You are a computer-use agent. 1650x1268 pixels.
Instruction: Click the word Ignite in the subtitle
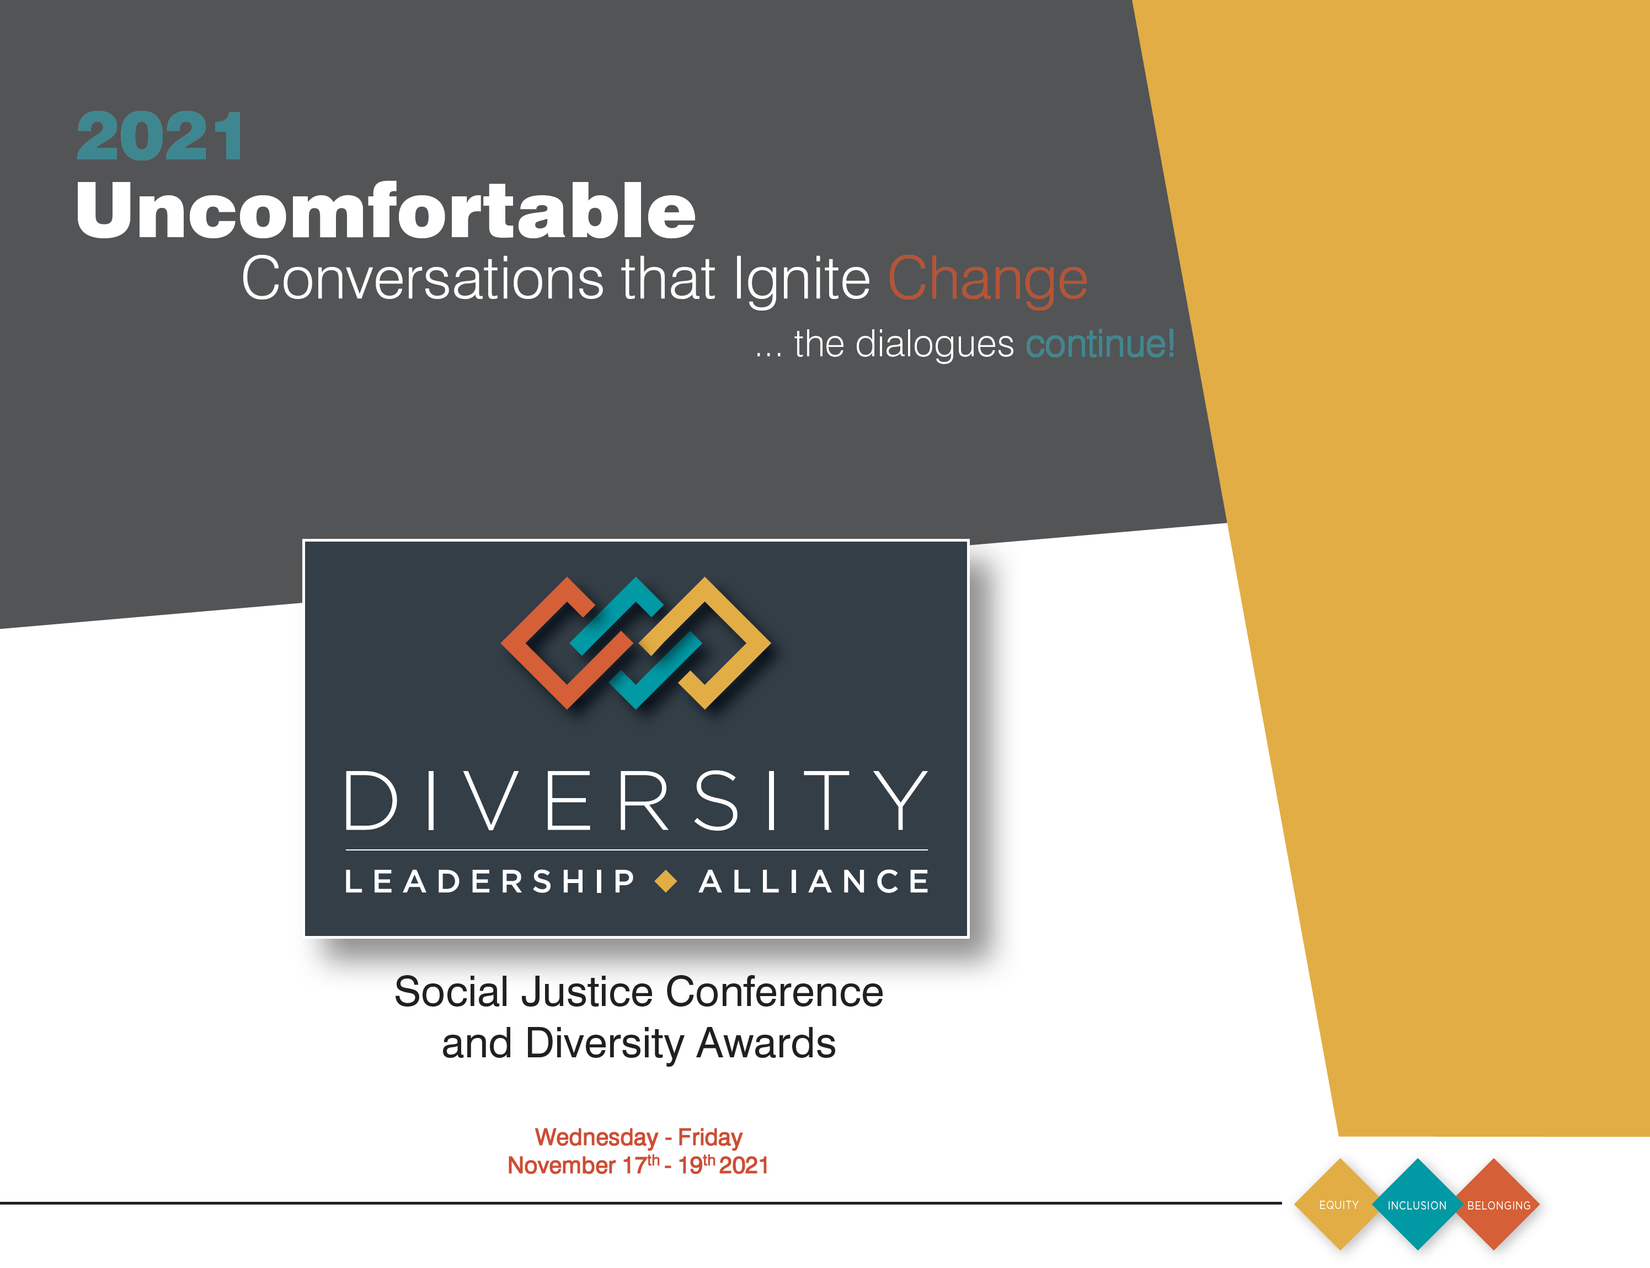802,279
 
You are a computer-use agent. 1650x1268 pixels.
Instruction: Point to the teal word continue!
1100,344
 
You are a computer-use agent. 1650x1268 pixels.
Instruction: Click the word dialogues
935,344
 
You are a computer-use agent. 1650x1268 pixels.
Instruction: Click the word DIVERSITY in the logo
636,801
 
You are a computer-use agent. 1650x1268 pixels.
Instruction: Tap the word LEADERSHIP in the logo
490,881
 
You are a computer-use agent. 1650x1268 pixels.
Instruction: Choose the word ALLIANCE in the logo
814,881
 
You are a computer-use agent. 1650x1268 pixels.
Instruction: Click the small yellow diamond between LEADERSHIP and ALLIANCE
666,881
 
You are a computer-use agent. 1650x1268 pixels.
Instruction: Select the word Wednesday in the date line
596,1137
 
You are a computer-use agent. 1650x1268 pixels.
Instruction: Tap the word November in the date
562,1165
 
